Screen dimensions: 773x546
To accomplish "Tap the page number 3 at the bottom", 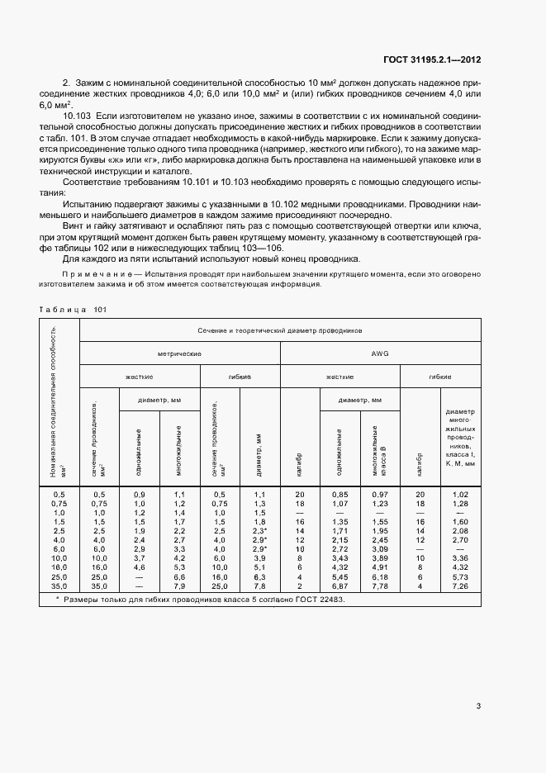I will coord(479,705).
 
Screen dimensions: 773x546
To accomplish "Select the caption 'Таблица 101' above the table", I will coord(73,310).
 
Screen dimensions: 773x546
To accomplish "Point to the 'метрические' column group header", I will coord(180,353).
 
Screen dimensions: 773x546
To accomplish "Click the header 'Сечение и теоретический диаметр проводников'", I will coord(280,330).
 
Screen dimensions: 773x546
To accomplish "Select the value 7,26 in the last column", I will coord(461,586).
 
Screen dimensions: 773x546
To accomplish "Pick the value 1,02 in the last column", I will coord(461,494).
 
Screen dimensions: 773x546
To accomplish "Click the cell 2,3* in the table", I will coord(260,530).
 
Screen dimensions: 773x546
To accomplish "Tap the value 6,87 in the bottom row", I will coord(339,586).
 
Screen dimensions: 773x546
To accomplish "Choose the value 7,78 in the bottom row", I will coord(380,586).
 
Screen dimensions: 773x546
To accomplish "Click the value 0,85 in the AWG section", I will coord(339,494).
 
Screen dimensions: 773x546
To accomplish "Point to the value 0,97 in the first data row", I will coord(380,494).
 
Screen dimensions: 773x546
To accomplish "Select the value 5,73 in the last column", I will coord(461,576).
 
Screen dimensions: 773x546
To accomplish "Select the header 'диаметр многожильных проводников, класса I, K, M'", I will coord(461,438).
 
